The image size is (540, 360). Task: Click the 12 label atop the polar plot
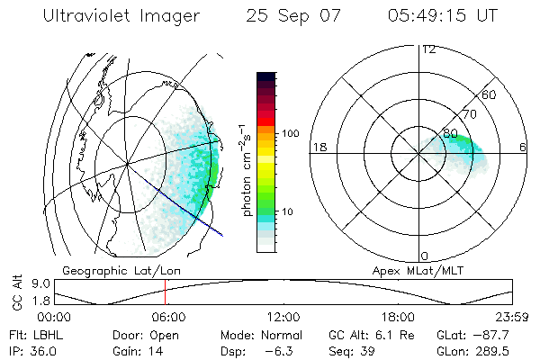coord(428,49)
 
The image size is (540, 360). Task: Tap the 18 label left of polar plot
coord(319,147)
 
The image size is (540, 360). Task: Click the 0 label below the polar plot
coord(425,256)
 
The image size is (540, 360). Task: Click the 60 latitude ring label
coord(490,94)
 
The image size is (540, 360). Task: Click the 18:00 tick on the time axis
coord(398,317)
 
